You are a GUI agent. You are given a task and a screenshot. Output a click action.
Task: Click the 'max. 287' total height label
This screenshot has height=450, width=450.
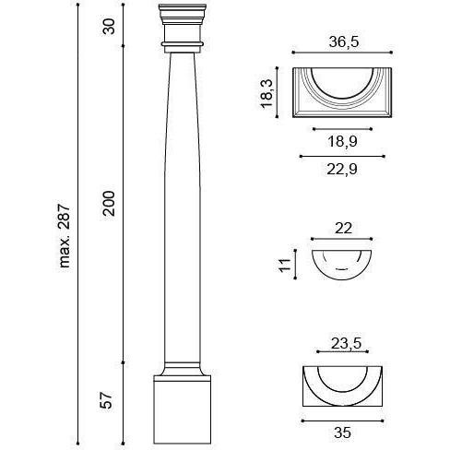(65, 235)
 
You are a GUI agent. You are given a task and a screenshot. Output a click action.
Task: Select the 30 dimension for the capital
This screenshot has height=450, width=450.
(109, 27)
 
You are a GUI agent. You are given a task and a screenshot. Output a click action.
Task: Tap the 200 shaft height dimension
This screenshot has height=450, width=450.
(109, 204)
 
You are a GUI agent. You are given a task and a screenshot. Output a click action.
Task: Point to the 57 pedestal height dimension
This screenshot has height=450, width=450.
(107, 400)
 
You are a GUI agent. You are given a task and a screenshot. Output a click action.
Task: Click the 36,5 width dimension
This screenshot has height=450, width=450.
(344, 41)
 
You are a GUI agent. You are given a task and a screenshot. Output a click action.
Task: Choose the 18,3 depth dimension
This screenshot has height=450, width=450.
(266, 93)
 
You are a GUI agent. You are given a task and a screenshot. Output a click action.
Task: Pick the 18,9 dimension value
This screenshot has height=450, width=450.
(342, 141)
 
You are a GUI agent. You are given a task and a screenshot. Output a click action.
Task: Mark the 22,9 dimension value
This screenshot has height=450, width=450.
(342, 169)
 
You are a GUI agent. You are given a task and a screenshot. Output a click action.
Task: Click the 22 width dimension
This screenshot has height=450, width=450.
(343, 229)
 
